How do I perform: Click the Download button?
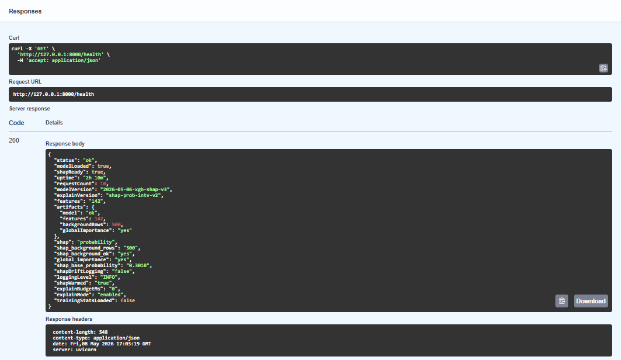pyautogui.click(x=590, y=301)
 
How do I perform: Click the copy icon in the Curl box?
pyautogui.click(x=603, y=68)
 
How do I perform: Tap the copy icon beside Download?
pyautogui.click(x=562, y=301)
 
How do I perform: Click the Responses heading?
pyautogui.click(x=25, y=11)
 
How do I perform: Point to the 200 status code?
pyautogui.click(x=14, y=140)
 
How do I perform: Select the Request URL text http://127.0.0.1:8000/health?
pyautogui.click(x=54, y=94)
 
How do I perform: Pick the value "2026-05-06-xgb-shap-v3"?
pyautogui.click(x=135, y=189)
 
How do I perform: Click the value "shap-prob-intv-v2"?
pyautogui.click(x=133, y=195)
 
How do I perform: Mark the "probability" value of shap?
pyautogui.click(x=96, y=242)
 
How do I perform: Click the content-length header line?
pyautogui.click(x=80, y=332)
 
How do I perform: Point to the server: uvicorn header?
pyautogui.click(x=75, y=349)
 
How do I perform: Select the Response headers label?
pyautogui.click(x=69, y=319)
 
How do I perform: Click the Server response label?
pyautogui.click(x=30, y=109)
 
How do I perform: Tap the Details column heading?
pyautogui.click(x=54, y=123)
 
